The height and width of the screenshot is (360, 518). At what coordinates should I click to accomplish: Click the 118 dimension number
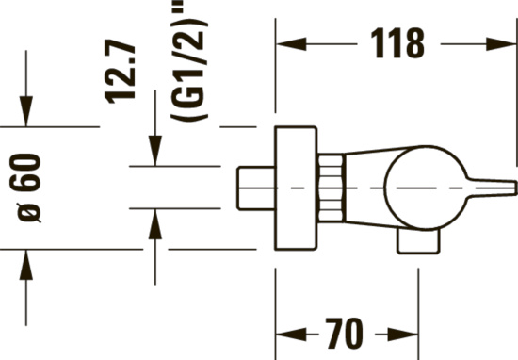pos(397,43)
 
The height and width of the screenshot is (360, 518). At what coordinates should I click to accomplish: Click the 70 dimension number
pos(344,334)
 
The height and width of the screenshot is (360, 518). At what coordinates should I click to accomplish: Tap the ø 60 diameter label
pos(25,188)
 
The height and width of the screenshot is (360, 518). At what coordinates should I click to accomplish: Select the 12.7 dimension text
pos(120,71)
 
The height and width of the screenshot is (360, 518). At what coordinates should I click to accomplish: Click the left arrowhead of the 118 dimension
pos(291,44)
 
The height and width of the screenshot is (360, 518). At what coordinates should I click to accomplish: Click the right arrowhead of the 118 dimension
pos(501,44)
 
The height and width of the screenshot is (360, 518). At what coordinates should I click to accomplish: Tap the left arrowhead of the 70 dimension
pos(291,335)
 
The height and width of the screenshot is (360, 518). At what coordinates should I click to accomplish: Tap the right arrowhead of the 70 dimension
pos(403,335)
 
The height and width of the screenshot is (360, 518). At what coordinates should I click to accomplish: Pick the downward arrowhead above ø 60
pos(26,111)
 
